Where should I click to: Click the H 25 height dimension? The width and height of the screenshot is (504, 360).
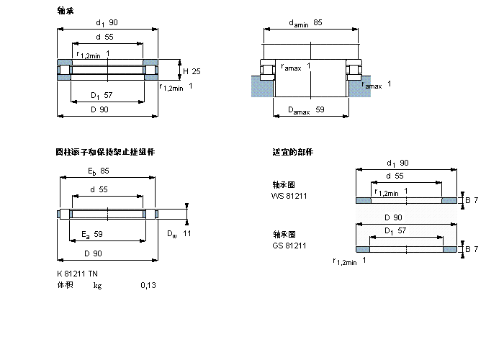tap(191, 71)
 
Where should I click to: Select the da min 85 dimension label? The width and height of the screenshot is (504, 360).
tap(305, 23)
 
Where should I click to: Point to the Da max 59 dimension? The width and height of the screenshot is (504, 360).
tap(306, 110)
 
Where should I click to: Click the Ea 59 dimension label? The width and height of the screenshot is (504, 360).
tap(91, 234)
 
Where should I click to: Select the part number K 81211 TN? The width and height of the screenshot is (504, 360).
tap(77, 272)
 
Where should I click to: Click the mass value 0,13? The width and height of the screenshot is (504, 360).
tap(148, 285)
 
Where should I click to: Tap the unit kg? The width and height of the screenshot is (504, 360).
tap(97, 285)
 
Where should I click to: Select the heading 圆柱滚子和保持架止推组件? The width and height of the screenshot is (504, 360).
tap(105, 152)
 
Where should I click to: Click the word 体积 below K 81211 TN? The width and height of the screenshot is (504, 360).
tap(65, 285)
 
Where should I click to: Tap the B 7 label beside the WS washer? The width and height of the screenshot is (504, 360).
tap(472, 199)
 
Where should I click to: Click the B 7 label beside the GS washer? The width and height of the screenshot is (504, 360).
tap(472, 249)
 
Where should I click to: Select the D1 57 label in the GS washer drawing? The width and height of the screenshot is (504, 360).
tap(393, 230)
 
